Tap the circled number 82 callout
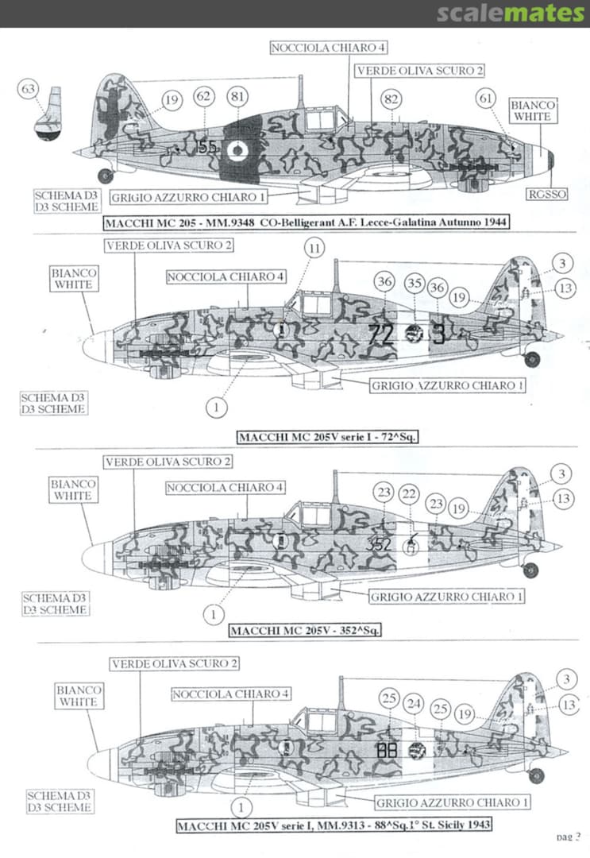point(391,99)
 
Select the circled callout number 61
point(486,98)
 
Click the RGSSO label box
point(546,194)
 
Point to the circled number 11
point(315,249)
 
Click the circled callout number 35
point(413,283)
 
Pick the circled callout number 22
point(410,493)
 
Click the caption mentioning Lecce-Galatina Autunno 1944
point(306,222)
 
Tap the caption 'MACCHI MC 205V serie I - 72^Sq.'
point(329,437)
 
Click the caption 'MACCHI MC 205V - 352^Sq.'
point(306,632)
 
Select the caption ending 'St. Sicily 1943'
point(334,826)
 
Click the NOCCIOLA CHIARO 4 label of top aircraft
point(318,48)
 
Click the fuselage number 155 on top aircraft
point(206,147)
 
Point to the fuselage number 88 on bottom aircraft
point(388,749)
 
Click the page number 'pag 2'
point(569,836)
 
